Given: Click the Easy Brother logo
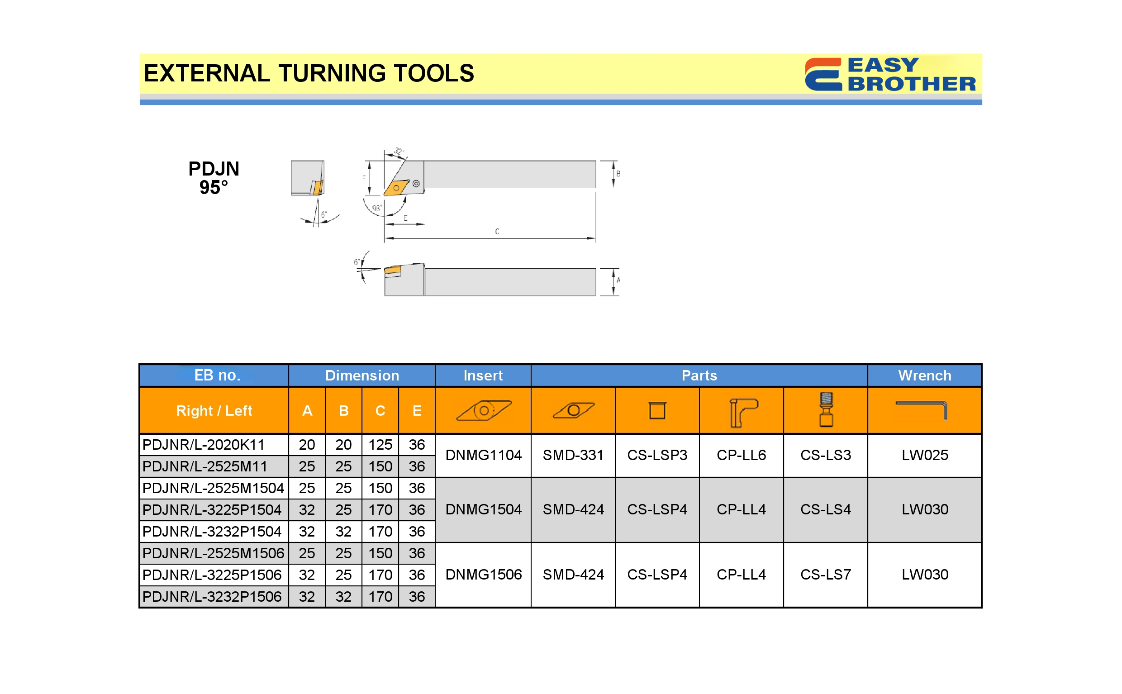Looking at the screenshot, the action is [890, 74].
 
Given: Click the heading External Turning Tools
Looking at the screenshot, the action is [309, 73].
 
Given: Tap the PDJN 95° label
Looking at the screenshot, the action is [214, 178].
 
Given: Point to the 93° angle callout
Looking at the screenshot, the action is [377, 209].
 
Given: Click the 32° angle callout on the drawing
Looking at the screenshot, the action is [399, 151].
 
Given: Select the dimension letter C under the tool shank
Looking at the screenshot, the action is [497, 231].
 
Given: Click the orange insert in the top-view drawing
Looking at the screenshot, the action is [396, 187].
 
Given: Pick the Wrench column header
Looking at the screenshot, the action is [924, 376].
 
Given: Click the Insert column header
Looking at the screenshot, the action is [483, 376].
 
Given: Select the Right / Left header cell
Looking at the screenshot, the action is [214, 410].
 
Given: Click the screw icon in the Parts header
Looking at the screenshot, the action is [826, 409].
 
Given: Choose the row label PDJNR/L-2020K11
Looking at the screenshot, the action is [203, 444].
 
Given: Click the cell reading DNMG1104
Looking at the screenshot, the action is [483, 455].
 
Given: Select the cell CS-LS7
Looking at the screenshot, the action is [825, 574].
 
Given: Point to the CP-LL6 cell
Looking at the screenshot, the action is [741, 455].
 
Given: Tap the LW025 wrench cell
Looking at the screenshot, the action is [925, 455].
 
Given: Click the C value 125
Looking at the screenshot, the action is [380, 444].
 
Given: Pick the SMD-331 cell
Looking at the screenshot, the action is [573, 455].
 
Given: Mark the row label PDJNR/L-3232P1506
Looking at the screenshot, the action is [212, 596].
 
